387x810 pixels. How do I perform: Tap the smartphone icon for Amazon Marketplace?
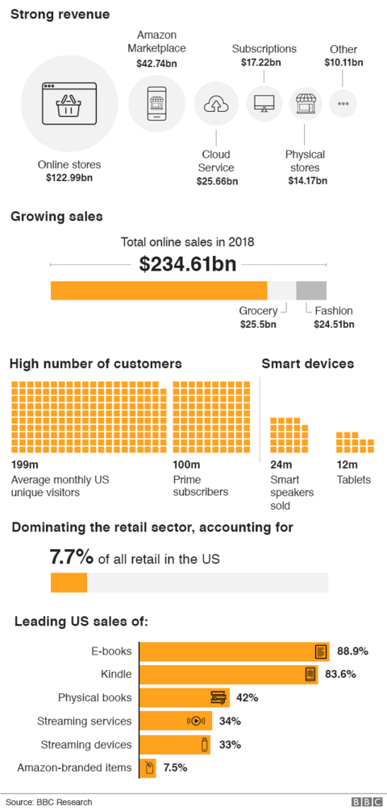pos(156,104)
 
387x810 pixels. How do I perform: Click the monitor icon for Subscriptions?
pos(264,103)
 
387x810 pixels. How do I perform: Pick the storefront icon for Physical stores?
pos(306,104)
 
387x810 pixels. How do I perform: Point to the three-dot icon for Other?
pos(343,103)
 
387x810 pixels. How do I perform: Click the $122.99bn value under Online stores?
pos(69,178)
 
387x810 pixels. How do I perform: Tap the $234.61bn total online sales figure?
pos(188,264)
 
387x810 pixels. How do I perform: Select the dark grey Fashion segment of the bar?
pos(311,291)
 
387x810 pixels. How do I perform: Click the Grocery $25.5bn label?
pos(258,317)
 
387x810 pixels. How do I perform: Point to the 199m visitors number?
pos(25,465)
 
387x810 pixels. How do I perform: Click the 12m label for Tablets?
pos(347,465)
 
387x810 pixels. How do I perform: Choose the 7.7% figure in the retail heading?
pos(72,558)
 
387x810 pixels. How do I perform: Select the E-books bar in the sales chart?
pos(235,651)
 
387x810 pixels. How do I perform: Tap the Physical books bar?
pos(185,698)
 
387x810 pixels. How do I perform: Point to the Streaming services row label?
pos(84,721)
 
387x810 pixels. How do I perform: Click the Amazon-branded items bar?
pos(148,768)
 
